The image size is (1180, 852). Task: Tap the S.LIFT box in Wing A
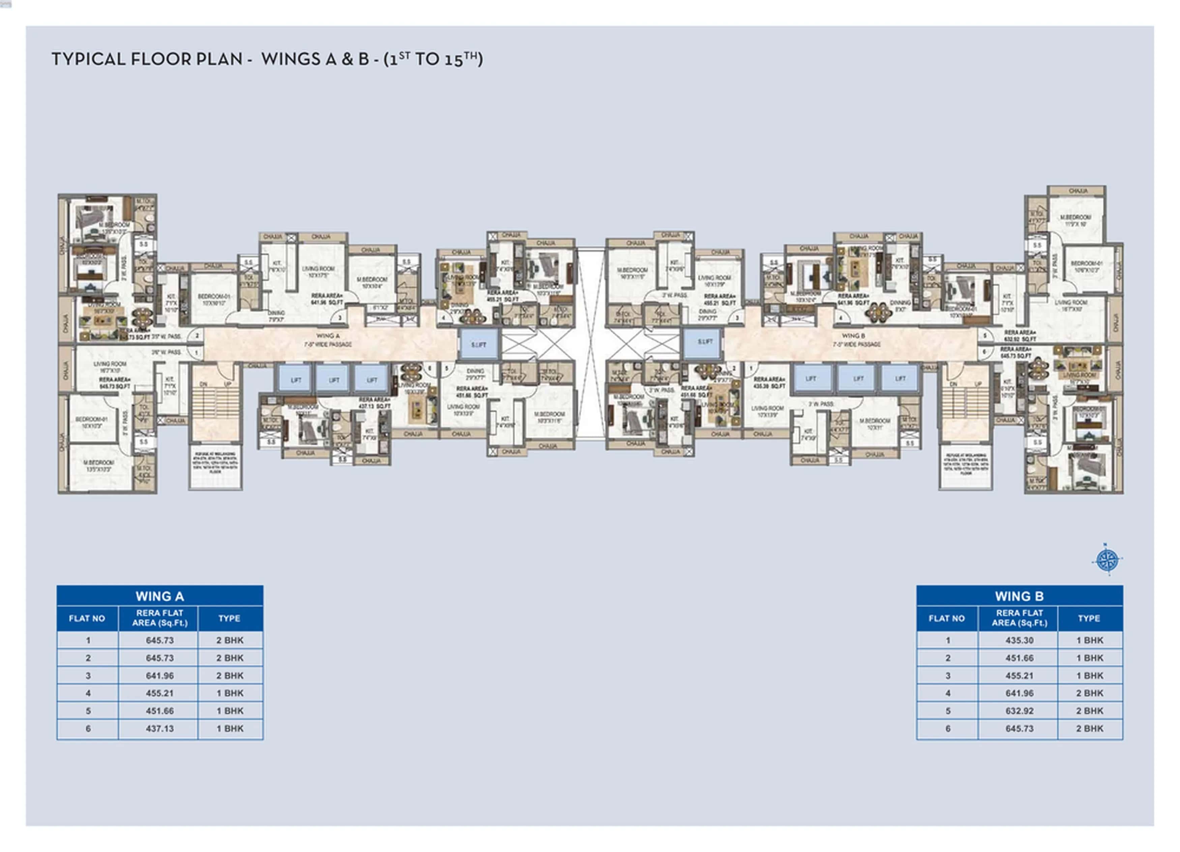(x=478, y=345)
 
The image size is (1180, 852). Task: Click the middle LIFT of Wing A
(x=334, y=379)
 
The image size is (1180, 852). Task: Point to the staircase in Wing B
(x=965, y=403)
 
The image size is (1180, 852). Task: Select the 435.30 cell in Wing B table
(x=1019, y=640)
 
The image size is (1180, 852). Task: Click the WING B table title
(x=1019, y=596)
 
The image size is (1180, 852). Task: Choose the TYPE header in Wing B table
(x=1089, y=618)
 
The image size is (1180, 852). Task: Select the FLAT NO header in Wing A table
(x=87, y=618)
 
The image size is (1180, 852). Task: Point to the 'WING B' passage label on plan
(x=853, y=336)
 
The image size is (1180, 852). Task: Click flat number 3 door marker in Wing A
(x=340, y=318)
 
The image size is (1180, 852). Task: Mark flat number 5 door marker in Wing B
(x=984, y=336)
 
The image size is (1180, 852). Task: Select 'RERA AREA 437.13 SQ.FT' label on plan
(x=374, y=402)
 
